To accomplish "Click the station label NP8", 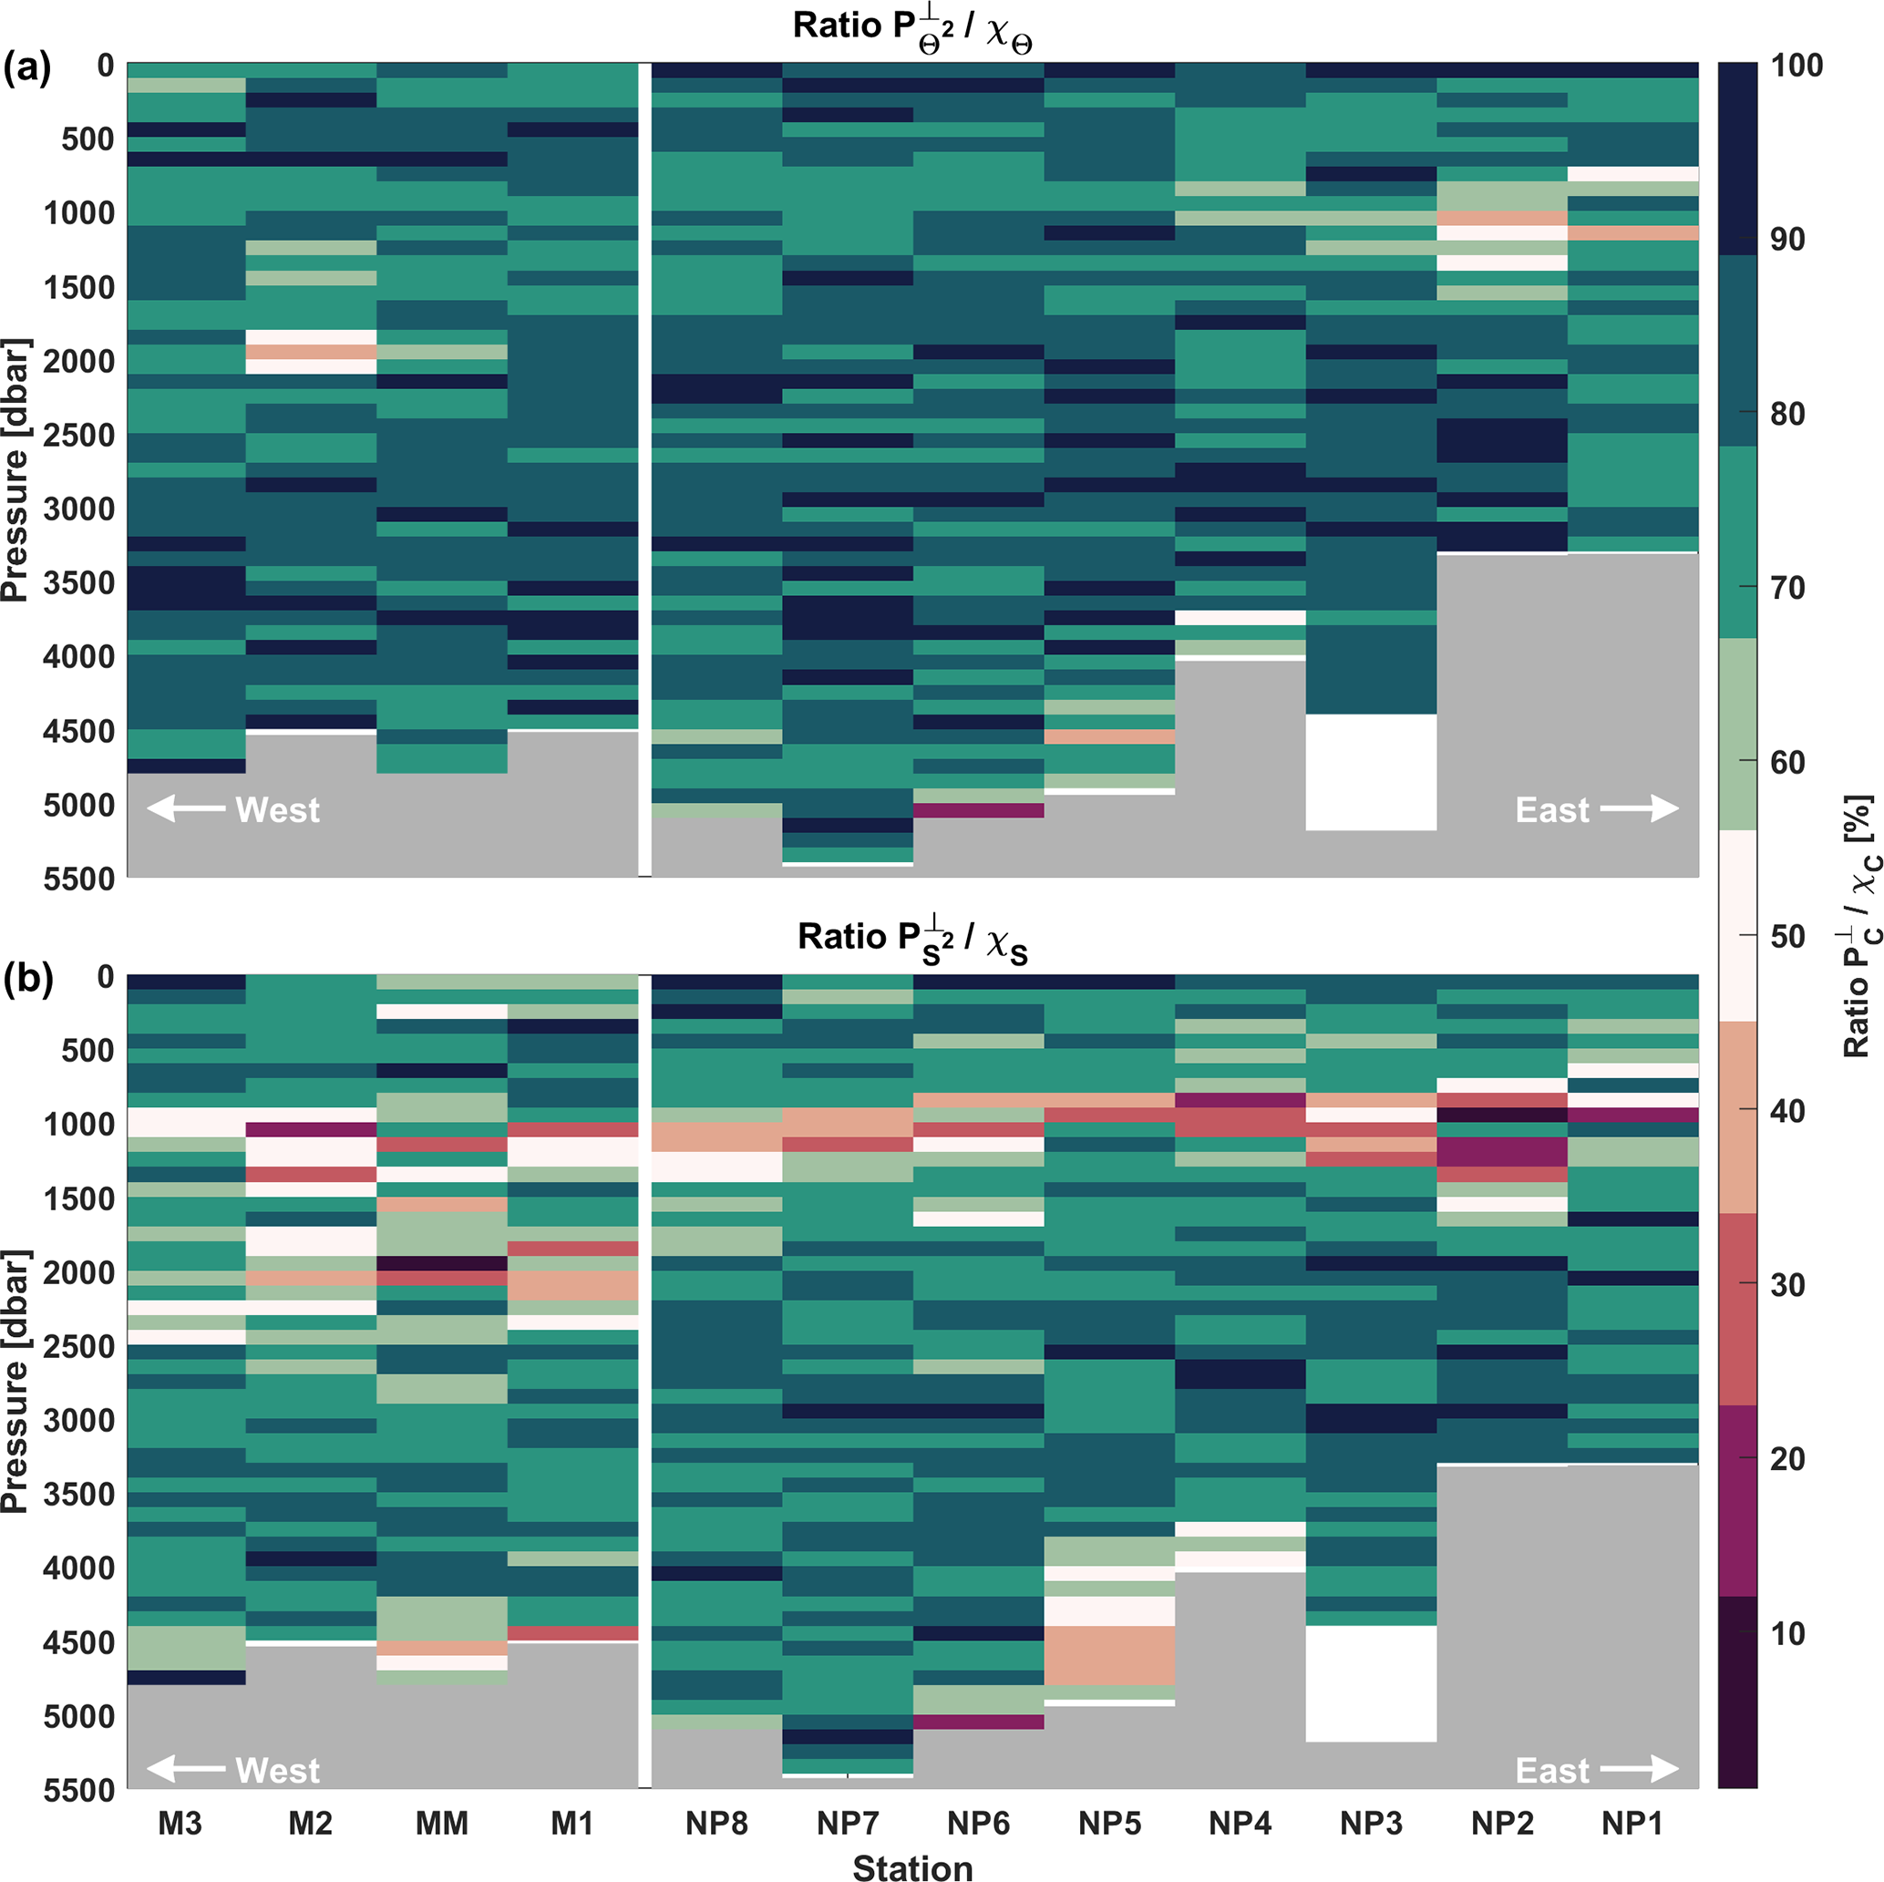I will point(716,1822).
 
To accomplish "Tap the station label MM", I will point(442,1822).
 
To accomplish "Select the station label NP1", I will point(1632,1822).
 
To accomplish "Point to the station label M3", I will point(180,1822).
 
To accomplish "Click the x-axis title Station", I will point(912,1867).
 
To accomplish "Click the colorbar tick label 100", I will point(1797,66).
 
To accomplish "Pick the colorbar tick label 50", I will point(1787,936).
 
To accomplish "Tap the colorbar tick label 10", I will point(1787,1633).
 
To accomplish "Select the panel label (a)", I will point(26,68).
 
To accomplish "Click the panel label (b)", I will point(26,978).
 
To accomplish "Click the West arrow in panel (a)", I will point(186,808).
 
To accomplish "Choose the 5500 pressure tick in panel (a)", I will point(79,879).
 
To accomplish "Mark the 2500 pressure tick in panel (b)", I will point(79,1347).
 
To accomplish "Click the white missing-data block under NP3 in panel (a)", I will point(1371,772).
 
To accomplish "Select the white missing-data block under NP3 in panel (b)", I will point(1371,1683).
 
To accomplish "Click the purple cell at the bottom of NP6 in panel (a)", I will point(979,810).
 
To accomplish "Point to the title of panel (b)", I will point(912,938).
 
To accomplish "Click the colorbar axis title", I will point(1858,926).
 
